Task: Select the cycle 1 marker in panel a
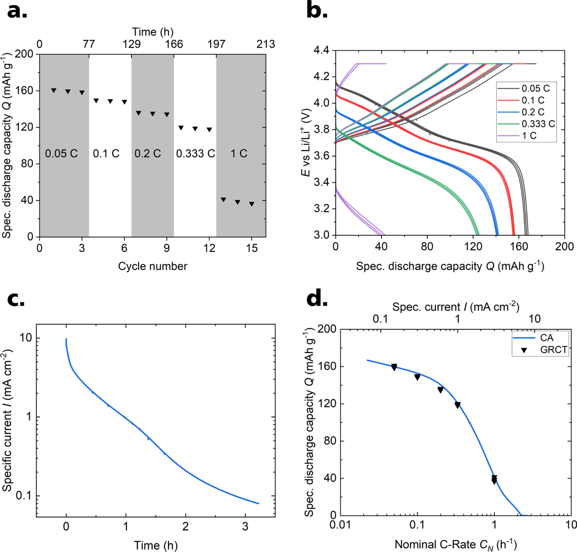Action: click(x=54, y=90)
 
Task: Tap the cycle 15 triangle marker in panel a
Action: click(x=252, y=204)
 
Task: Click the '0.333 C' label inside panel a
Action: click(x=195, y=154)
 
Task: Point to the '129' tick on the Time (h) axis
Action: click(x=131, y=44)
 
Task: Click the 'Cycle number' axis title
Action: click(x=153, y=266)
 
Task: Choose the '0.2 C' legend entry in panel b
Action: click(x=533, y=112)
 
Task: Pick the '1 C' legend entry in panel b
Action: click(x=529, y=136)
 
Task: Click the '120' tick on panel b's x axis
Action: click(x=473, y=247)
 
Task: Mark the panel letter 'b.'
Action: click(x=317, y=11)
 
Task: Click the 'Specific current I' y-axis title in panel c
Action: click(x=7, y=421)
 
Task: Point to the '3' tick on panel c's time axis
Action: click(x=245, y=527)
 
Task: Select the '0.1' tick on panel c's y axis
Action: click(x=24, y=496)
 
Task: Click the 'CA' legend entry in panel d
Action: click(x=546, y=338)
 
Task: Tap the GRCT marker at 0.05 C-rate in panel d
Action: click(x=394, y=367)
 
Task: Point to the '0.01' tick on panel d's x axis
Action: click(x=340, y=525)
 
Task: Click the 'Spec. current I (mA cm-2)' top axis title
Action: click(x=456, y=307)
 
